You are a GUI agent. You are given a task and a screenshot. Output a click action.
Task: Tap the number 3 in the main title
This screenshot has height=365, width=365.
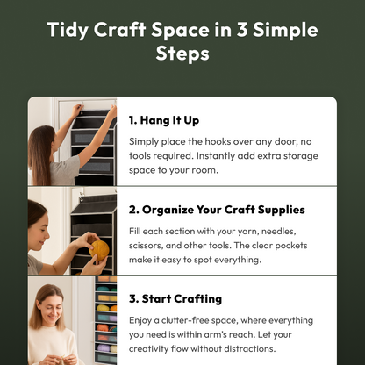(242, 30)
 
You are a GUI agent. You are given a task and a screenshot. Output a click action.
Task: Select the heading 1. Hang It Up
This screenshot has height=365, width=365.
(164, 120)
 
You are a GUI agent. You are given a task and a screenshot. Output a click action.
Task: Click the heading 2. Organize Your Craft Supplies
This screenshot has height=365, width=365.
(217, 210)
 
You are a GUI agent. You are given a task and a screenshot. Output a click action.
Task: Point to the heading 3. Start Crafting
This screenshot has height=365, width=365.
(175, 299)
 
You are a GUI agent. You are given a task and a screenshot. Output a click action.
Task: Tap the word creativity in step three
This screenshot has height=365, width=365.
(148, 349)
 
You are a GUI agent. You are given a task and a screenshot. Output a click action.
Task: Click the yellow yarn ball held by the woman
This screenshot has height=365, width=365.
(99, 250)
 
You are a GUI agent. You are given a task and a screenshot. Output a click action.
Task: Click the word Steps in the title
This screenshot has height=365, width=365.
(182, 54)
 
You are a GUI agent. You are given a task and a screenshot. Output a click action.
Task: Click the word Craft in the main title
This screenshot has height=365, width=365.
(119, 30)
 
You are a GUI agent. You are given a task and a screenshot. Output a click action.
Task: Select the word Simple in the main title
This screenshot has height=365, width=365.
(285, 30)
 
